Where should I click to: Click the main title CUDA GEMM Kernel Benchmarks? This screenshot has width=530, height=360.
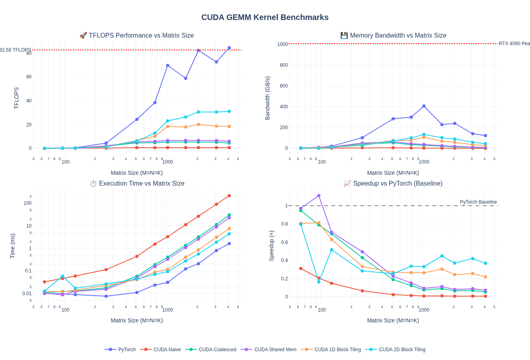[x=265, y=17]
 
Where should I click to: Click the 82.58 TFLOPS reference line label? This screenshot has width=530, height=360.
[x=15, y=50]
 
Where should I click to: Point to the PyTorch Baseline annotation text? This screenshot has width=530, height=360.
[x=478, y=202]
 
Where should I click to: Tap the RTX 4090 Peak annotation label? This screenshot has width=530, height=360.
[x=514, y=44]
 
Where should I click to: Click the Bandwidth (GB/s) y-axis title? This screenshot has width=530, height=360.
[x=267, y=98]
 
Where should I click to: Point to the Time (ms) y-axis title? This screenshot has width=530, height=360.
[x=12, y=246]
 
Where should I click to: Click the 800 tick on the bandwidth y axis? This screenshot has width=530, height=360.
[x=284, y=65]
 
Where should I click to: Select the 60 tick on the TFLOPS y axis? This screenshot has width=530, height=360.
[x=29, y=77]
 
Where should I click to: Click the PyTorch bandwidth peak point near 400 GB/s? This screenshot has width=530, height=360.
[x=424, y=106]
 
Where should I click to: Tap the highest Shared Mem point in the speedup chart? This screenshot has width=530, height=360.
[x=319, y=196]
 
